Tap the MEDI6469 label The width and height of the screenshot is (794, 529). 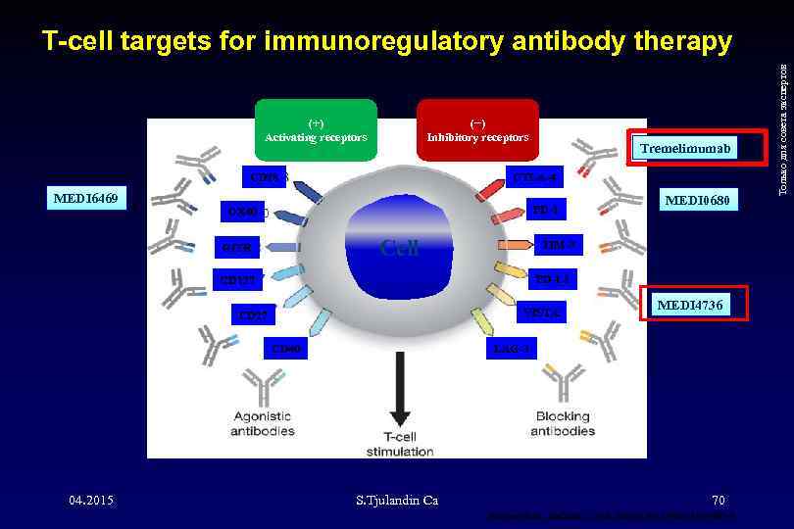tap(87, 199)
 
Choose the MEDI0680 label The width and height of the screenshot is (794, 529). tap(697, 201)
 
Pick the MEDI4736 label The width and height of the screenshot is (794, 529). tap(690, 306)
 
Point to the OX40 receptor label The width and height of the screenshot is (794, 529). tap(242, 212)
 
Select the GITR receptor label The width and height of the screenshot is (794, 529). tap(237, 248)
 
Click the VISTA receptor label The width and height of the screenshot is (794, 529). tap(542, 314)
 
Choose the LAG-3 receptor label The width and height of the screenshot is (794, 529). tap(513, 349)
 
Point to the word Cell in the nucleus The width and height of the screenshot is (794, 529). tap(399, 246)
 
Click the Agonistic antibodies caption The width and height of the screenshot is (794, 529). tap(262, 423)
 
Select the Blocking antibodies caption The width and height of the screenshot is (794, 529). tap(562, 423)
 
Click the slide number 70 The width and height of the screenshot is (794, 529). tap(719, 501)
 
